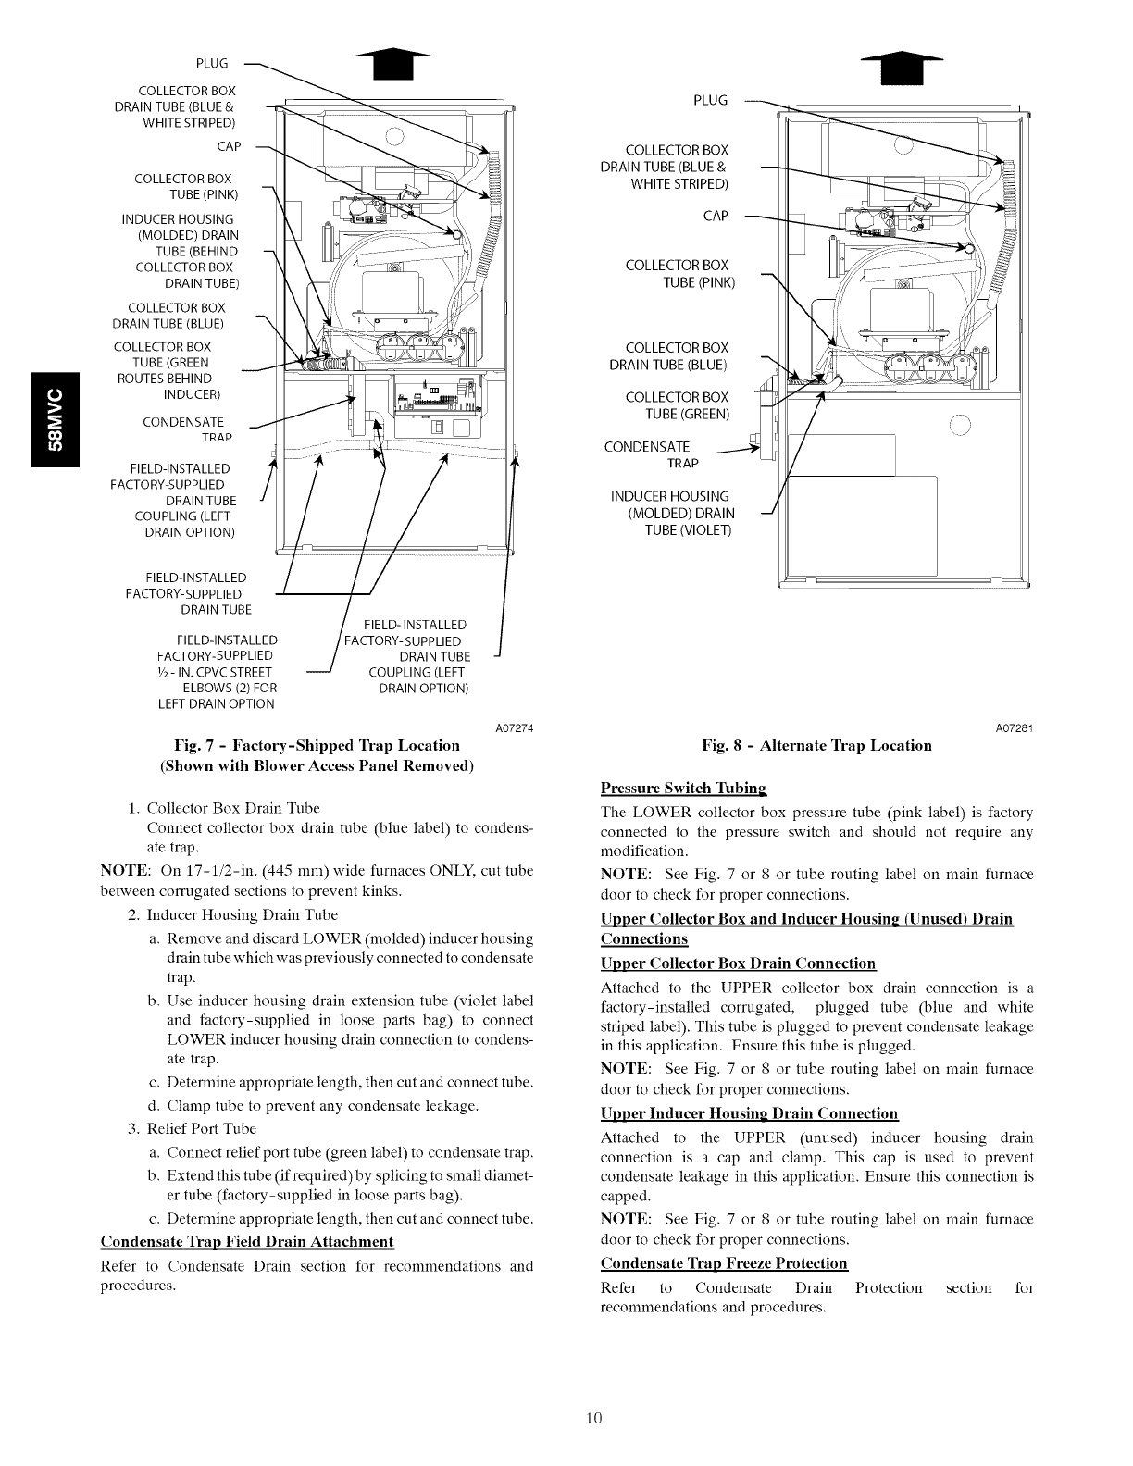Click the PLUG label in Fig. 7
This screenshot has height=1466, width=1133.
[212, 63]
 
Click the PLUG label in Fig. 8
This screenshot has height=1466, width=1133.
[710, 100]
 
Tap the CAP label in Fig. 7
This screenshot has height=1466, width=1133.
[229, 146]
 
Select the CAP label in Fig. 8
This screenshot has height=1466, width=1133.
[716, 216]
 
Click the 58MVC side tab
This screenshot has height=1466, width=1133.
[56, 420]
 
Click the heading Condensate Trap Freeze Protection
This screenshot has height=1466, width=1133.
[724, 1263]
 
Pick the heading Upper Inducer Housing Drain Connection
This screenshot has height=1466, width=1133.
[749, 1113]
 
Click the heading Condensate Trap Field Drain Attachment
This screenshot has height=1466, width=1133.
[246, 1241]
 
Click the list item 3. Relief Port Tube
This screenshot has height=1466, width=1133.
[191, 1128]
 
